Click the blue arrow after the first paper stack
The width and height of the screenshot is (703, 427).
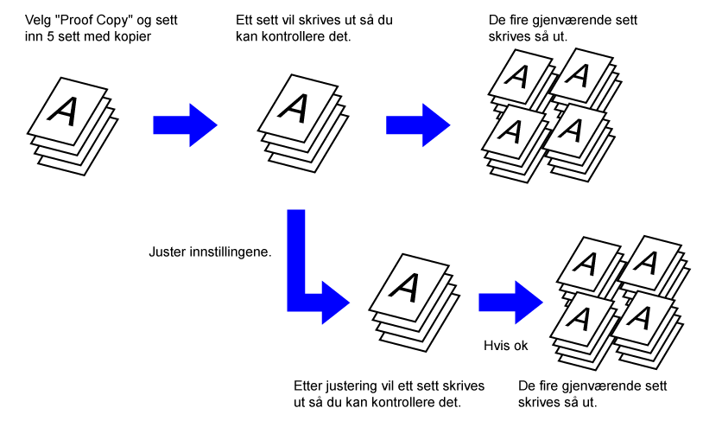[x=184, y=124]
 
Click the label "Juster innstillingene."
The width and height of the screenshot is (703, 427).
[x=211, y=253]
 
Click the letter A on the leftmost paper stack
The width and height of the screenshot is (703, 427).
[x=63, y=110]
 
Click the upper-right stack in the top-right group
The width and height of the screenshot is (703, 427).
[x=581, y=77]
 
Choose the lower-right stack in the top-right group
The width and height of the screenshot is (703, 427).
[x=573, y=130]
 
